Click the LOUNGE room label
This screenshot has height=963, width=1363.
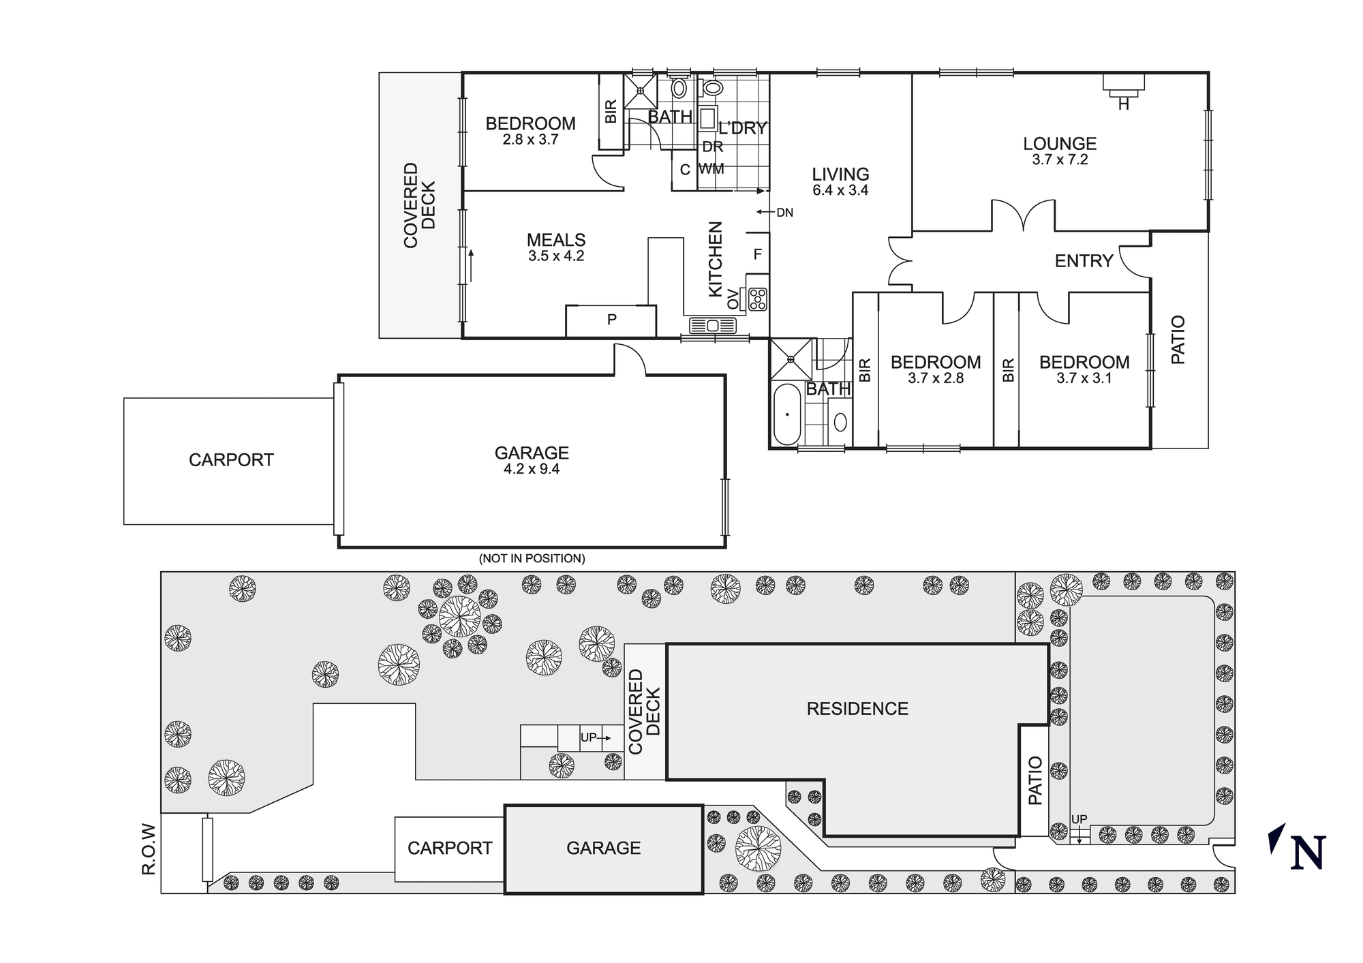[1060, 144]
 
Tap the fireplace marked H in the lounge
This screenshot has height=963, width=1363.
[1123, 85]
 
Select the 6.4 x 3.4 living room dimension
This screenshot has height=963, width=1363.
[840, 191]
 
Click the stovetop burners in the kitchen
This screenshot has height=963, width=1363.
[758, 299]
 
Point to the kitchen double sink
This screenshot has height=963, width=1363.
[713, 325]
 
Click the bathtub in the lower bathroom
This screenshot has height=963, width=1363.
[787, 414]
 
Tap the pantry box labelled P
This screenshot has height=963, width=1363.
[611, 319]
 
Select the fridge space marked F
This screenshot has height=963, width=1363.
[757, 254]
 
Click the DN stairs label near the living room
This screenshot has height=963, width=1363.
[784, 213]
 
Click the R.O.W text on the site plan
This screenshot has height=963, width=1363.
[149, 849]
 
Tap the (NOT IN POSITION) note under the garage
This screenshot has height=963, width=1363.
[532, 559]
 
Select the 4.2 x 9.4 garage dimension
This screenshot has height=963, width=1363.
[532, 469]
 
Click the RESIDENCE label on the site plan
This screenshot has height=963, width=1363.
[857, 709]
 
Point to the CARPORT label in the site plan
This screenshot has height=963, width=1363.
[450, 848]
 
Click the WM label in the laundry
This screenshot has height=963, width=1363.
[711, 168]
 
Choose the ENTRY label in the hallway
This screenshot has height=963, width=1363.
[1084, 261]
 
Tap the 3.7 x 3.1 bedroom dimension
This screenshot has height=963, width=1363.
[1084, 378]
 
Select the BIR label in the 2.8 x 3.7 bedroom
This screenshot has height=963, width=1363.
[611, 111]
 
